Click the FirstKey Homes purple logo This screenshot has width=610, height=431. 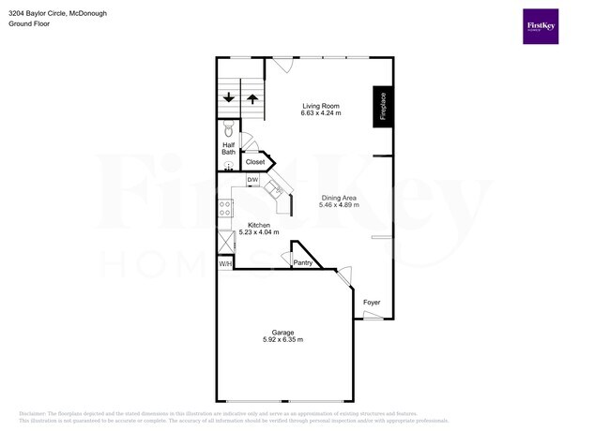click(541, 26)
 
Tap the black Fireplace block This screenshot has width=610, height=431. click(383, 108)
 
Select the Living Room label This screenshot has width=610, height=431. click(320, 106)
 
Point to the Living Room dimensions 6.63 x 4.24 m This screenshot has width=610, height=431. click(320, 114)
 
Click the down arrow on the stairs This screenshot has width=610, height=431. click(229, 97)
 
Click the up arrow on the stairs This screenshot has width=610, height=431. click(252, 97)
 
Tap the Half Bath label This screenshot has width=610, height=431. click(228, 148)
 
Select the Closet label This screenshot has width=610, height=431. click(254, 162)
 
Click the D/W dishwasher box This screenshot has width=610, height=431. click(252, 180)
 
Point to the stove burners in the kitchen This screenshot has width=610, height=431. click(225, 210)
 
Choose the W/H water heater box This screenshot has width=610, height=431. click(225, 264)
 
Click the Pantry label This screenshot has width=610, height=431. click(303, 262)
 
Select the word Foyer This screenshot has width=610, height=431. click(372, 302)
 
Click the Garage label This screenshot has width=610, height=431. click(282, 332)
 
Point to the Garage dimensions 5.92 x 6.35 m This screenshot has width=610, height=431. click(282, 340)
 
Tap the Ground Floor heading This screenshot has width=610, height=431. click(29, 23)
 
